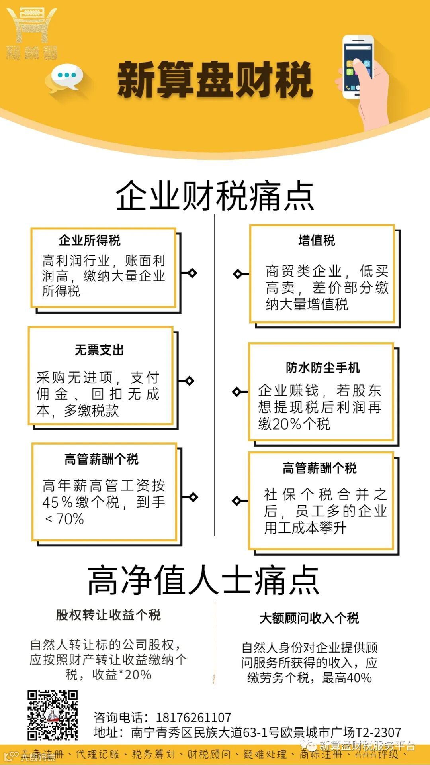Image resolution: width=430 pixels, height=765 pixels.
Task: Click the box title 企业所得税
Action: pos(90,241)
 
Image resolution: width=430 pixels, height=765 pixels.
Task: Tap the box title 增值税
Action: pos(317,241)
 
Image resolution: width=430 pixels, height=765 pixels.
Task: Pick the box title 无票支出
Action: pos(100,350)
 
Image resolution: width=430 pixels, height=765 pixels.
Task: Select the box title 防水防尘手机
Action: pos(322,367)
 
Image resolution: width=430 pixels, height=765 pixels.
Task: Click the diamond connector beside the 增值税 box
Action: pos(238,274)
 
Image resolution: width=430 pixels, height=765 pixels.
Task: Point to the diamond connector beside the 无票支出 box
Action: pos(190,381)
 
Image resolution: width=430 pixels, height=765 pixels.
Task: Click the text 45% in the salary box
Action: pos(57,502)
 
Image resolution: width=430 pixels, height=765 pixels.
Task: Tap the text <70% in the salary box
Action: pos(64,519)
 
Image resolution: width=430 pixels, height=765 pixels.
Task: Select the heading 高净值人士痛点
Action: pos(203,580)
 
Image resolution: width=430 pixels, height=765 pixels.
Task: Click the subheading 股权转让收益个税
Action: pos(108,615)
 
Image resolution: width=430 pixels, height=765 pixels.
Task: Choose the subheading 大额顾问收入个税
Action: pos(309,618)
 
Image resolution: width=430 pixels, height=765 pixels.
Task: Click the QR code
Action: pos(53,716)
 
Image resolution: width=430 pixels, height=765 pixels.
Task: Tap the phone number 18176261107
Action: pos(193,718)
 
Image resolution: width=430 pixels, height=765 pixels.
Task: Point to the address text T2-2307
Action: pos(378,732)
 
